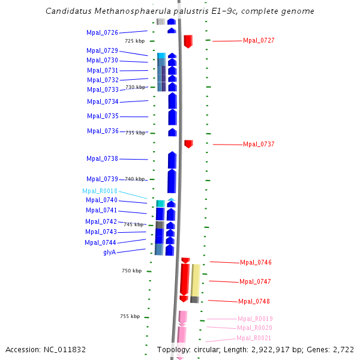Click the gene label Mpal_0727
pyautogui.click(x=259, y=40)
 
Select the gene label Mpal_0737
pyautogui.click(x=259, y=144)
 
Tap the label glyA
pyautogui.click(x=109, y=252)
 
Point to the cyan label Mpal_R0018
pyautogui.click(x=100, y=191)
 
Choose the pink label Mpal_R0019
pyautogui.click(x=255, y=319)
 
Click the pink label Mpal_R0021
pyautogui.click(x=254, y=338)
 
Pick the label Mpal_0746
pyautogui.click(x=256, y=262)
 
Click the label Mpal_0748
pyautogui.click(x=254, y=301)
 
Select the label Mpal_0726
pyautogui.click(x=102, y=32)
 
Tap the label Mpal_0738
pyautogui.click(x=102, y=158)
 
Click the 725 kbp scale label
pyautogui.click(x=134, y=41)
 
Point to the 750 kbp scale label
pyautogui.click(x=131, y=271)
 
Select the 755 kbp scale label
pyautogui.click(x=130, y=316)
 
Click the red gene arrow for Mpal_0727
pyautogui.click(x=188, y=41)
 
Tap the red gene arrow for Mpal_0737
pyautogui.click(x=188, y=143)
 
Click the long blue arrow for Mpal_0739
pyautogui.click(x=172, y=181)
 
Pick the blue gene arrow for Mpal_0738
pyautogui.click(x=172, y=160)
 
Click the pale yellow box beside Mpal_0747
pyautogui.click(x=196, y=280)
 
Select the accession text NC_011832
pyautogui.click(x=67, y=349)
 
